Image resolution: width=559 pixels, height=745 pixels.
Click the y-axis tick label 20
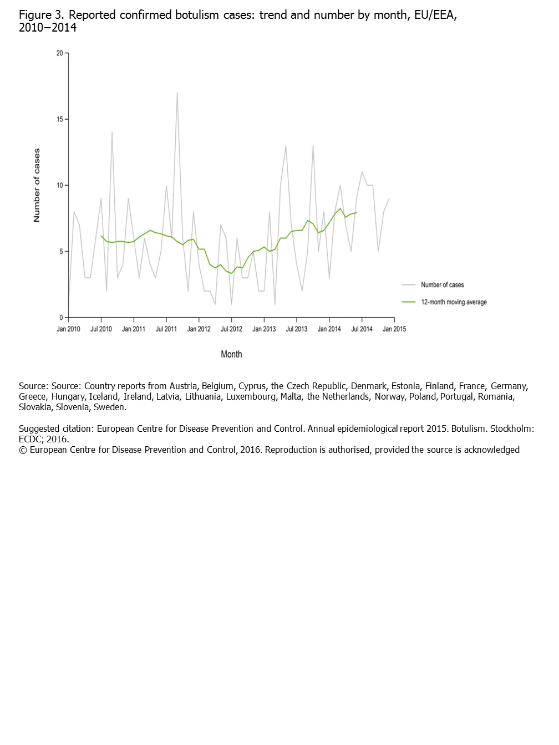pos(59,53)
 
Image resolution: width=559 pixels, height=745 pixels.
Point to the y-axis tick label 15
pos(59,119)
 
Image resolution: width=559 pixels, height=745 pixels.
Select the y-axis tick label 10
pos(59,185)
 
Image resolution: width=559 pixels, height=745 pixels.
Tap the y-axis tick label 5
pos(61,252)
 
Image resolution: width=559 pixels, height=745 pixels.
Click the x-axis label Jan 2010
pos(68,329)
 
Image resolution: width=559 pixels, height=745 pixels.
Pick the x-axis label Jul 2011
pos(166,329)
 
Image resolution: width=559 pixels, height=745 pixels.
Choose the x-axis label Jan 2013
pos(264,329)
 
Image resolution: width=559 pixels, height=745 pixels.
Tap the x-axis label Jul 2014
pos(362,329)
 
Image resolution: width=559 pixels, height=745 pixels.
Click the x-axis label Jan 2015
pos(394,329)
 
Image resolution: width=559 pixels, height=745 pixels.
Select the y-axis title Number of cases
pos(37,185)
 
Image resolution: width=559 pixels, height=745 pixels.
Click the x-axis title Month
pos(231,354)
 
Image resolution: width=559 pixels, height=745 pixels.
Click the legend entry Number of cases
pos(442,285)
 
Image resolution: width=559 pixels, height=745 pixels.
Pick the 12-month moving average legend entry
pos(454,302)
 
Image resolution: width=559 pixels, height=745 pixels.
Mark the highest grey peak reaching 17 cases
pos(177,93)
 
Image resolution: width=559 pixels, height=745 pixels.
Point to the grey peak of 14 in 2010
pos(112,132)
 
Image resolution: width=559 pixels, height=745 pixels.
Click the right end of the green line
pos(357,213)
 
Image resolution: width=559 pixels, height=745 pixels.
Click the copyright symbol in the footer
pos(23,450)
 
